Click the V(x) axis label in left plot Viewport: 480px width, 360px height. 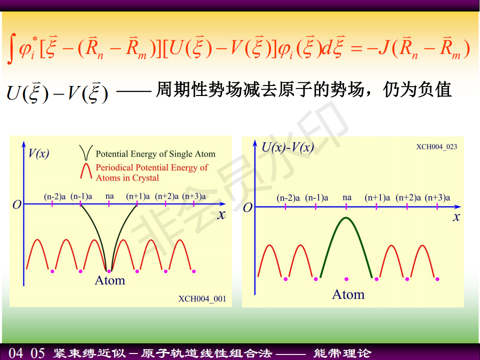(x=38, y=153)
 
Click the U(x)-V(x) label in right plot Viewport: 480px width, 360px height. (x=288, y=147)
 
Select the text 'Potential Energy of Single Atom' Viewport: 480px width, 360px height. (x=155, y=153)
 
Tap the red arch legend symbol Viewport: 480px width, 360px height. (x=86, y=170)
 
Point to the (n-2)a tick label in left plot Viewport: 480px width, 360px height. (x=55, y=196)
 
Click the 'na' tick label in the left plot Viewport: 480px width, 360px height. (x=109, y=196)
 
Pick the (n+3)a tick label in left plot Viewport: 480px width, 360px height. (x=194, y=196)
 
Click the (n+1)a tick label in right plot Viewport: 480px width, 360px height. (x=377, y=197)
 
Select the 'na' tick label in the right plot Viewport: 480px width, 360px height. (x=347, y=197)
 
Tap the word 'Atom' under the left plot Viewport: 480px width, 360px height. (x=110, y=280)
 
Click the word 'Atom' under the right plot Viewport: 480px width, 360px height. (x=348, y=294)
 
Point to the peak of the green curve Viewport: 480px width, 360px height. (x=346, y=217)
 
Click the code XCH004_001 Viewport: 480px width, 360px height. (x=202, y=299)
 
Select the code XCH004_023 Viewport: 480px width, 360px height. (x=436, y=146)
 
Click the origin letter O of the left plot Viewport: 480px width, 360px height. (x=17, y=204)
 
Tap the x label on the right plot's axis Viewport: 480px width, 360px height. (x=456, y=217)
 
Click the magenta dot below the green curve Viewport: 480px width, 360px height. (x=346, y=279)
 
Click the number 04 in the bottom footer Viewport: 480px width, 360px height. (x=16, y=353)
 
